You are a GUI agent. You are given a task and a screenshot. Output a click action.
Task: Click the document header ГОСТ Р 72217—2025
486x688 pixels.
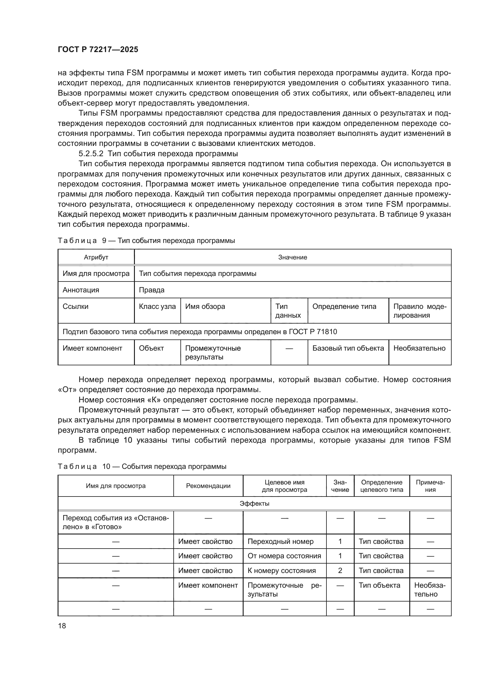98,49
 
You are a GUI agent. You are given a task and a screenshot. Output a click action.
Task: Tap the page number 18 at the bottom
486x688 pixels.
62,626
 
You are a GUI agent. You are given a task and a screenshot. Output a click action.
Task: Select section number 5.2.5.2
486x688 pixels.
91,154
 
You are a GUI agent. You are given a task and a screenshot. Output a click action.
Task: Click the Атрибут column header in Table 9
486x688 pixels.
96,257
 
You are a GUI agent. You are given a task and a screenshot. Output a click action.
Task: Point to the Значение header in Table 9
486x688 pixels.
292,257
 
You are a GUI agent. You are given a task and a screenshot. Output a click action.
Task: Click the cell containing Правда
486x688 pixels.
151,290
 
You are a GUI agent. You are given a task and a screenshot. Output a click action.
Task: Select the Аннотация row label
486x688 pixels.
81,290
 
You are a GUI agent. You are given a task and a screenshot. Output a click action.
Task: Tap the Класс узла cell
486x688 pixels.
157,306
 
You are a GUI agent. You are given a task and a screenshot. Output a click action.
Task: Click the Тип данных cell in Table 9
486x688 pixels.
288,311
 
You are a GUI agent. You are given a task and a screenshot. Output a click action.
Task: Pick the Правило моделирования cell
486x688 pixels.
419,311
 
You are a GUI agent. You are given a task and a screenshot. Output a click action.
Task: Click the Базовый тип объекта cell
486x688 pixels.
348,348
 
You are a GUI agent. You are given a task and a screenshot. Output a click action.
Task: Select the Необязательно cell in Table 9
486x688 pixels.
419,348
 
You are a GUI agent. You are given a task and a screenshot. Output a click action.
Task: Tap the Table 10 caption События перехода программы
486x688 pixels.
174,467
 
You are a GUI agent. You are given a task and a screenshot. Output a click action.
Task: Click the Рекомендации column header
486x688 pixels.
208,486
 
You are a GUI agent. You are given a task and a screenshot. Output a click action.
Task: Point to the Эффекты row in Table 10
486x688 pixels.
254,503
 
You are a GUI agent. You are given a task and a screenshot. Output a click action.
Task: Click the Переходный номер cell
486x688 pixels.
280,542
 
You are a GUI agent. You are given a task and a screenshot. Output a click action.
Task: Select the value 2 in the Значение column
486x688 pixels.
340,571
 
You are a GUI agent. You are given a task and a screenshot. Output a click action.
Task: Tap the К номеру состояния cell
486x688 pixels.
281,571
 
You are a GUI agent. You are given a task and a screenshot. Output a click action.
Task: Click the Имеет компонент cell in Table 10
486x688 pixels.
208,585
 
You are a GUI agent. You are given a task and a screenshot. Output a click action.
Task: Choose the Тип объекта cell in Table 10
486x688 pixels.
379,585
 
